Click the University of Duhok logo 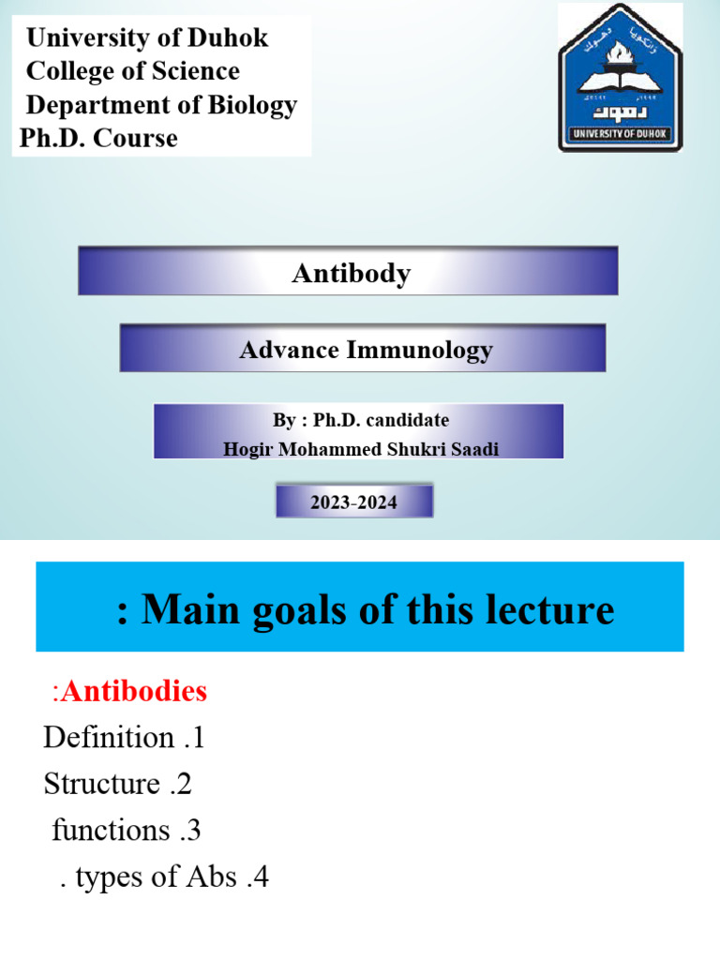(620, 78)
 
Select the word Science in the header (199, 71)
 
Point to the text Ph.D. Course (98, 138)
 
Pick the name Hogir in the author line (245, 449)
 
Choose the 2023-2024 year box (353, 502)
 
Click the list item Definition (108, 738)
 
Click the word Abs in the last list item (209, 878)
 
